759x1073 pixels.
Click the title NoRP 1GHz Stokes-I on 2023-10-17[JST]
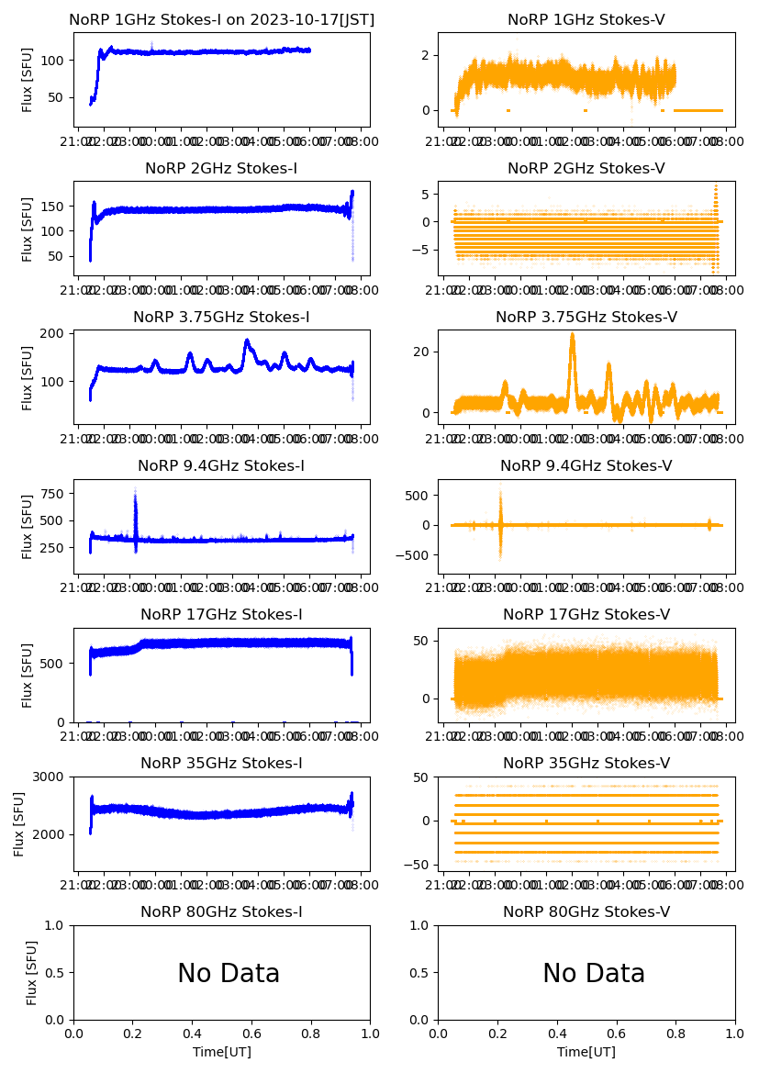[x=221, y=19]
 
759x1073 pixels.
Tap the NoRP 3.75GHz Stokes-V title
[x=586, y=317]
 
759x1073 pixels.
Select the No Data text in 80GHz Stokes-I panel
[x=229, y=973]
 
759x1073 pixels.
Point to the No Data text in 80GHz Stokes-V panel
[x=594, y=973]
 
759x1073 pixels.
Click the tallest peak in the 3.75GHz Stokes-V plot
[x=573, y=336]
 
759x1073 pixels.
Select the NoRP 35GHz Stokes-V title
[x=586, y=763]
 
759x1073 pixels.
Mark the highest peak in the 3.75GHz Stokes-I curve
[x=247, y=341]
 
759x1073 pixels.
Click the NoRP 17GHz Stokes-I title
[x=221, y=614]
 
